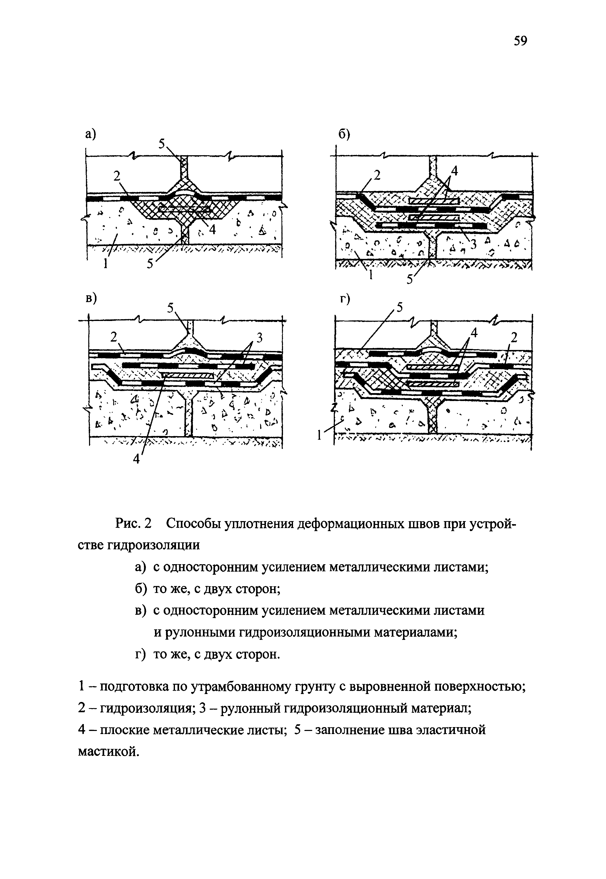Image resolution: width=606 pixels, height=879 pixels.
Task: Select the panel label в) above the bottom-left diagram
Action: click(x=90, y=298)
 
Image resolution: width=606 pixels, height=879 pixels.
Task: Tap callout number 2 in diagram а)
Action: click(x=116, y=175)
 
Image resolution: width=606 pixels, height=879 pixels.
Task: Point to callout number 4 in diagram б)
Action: click(x=454, y=171)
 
